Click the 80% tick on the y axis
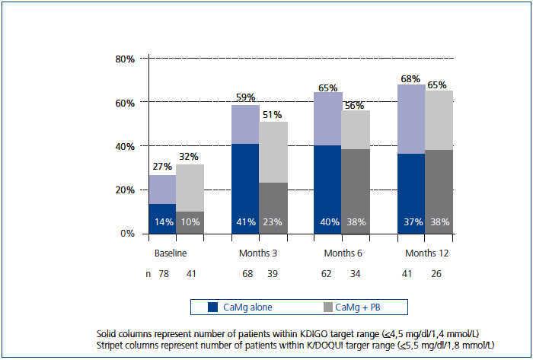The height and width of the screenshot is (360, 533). tap(125, 59)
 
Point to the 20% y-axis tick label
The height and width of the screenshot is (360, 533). tap(125, 190)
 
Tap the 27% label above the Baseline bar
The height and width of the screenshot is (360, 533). tap(162, 167)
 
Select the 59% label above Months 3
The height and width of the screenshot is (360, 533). tap(244, 97)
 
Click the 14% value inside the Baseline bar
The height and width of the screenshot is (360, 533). tap(162, 222)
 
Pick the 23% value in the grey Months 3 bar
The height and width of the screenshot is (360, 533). tap(272, 222)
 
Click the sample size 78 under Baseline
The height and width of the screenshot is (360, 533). tap(163, 272)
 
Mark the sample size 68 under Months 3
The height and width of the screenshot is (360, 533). tap(245, 272)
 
